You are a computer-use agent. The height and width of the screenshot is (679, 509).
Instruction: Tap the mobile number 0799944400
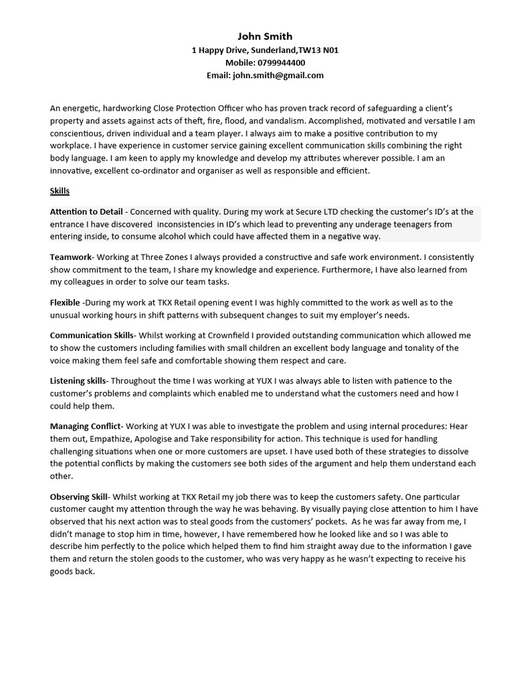click(x=280, y=62)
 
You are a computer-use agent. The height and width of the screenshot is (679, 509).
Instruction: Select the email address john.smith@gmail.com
click(x=278, y=76)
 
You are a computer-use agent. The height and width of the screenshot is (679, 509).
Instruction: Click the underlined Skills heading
click(x=60, y=191)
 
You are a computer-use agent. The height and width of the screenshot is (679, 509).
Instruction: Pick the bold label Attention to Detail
click(x=86, y=212)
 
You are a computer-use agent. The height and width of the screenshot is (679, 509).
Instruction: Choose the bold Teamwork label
click(x=71, y=257)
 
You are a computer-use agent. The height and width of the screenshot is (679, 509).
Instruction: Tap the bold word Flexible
click(x=65, y=302)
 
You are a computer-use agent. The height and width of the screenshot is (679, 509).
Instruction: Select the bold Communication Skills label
click(x=91, y=336)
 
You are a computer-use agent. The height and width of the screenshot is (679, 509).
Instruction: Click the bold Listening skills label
click(x=78, y=381)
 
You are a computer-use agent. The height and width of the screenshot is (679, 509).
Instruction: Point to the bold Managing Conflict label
click(x=85, y=426)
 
